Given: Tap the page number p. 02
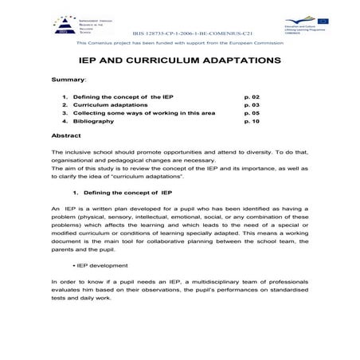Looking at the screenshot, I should click(251, 96).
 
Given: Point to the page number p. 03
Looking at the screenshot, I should click(251, 105).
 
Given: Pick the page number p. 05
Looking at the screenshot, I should click(251, 113).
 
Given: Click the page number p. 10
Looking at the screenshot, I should click(251, 122).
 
